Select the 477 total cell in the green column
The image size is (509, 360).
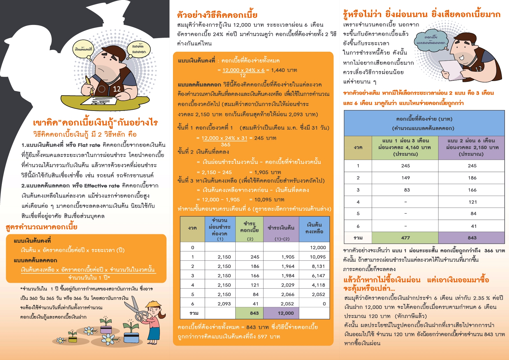pos(405,238)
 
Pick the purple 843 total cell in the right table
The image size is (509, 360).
pos(472,238)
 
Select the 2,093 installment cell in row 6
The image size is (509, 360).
pos(224,304)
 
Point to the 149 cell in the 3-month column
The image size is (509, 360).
pos(405,178)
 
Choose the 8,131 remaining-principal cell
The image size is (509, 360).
pos(318,266)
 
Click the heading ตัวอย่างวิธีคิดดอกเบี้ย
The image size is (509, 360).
pos(217,15)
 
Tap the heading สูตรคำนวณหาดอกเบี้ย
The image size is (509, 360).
pos(41,227)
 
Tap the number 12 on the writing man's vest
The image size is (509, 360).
pos(117,89)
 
